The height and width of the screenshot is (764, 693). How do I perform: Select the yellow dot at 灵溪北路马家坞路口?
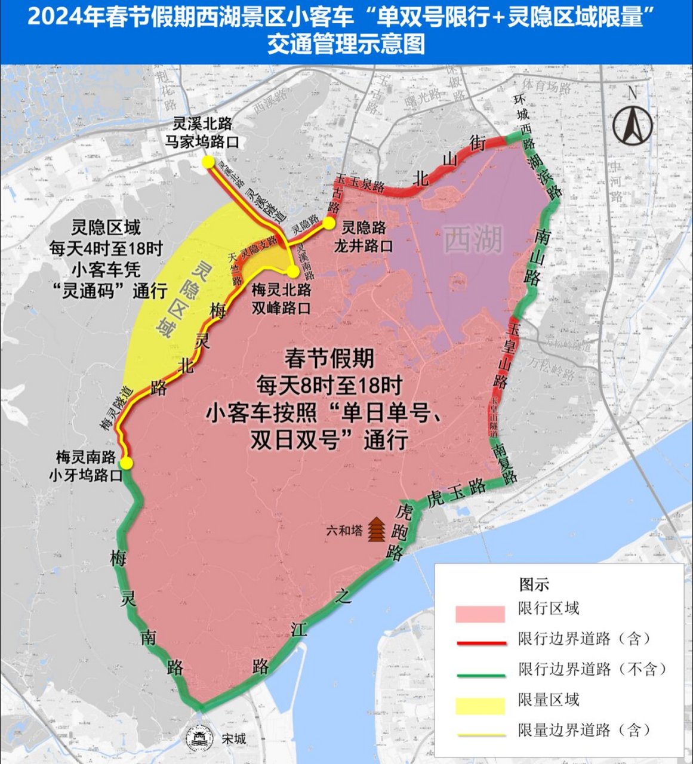208,162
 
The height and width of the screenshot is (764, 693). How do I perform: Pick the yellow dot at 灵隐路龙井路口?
328,223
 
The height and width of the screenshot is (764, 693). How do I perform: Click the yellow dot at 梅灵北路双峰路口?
292,272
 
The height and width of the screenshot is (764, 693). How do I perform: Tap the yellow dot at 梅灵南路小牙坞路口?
127,463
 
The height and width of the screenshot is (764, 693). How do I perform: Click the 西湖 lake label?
474,240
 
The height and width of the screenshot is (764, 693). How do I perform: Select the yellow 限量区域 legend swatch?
480,705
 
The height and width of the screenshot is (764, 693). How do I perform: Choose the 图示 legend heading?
534,584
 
